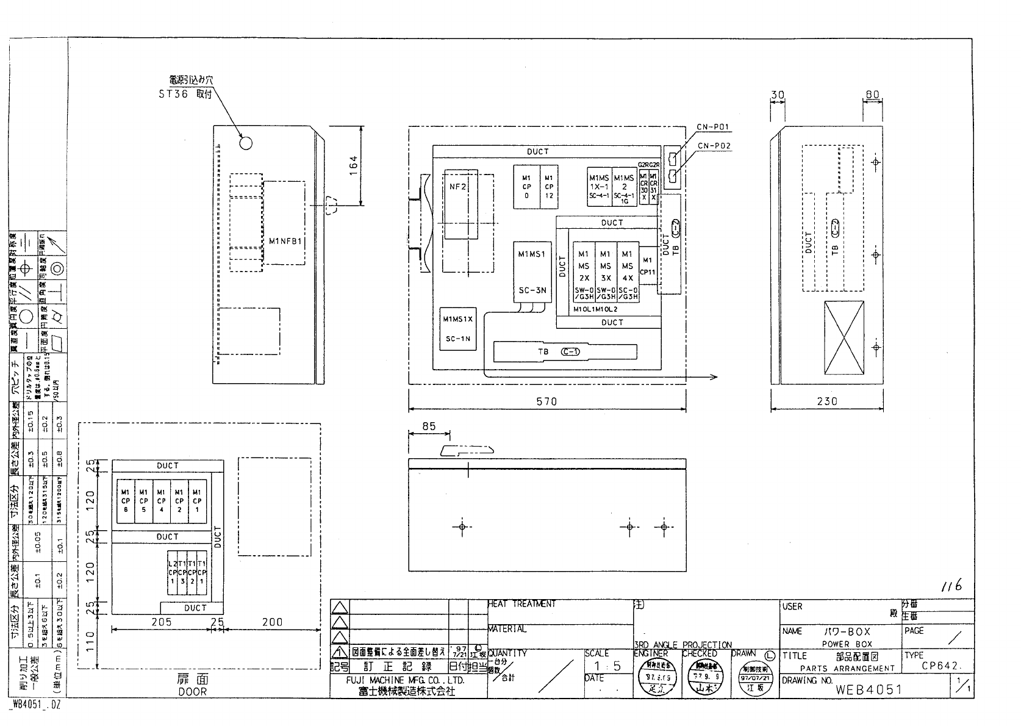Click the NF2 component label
pos(457,187)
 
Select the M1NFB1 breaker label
pos(285,241)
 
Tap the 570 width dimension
pos(546,401)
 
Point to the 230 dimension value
pos(826,401)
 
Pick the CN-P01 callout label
pos(713,128)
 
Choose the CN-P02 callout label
pos(713,146)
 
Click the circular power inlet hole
pos(246,143)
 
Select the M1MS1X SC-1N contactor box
pos(457,328)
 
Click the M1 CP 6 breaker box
pos(126,500)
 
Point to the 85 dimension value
pos(429,426)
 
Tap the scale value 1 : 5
pos(608,666)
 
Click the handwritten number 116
pos(951,586)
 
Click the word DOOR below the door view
pos(192,692)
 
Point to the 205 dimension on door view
pos(161,622)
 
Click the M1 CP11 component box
pos(648,266)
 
